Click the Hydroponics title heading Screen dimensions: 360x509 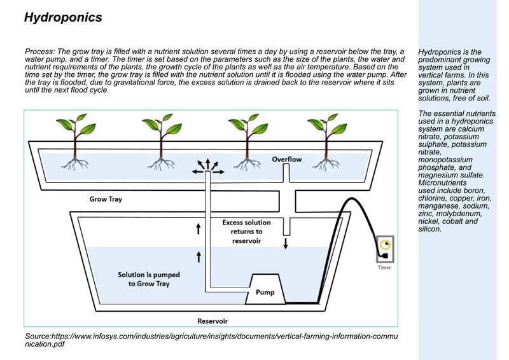coord(63,18)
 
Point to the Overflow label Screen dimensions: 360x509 coord(287,158)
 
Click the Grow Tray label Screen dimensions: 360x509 coord(106,199)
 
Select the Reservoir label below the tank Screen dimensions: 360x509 coord(213,320)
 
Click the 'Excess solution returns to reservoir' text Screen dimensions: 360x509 coord(246,232)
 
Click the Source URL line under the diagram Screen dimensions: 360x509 coord(210,339)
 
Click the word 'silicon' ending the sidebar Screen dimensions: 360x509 coord(431,229)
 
